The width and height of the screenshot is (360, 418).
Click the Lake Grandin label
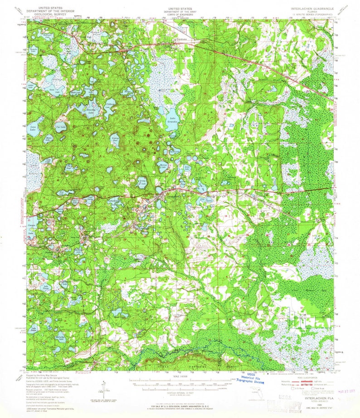point(172,121)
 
